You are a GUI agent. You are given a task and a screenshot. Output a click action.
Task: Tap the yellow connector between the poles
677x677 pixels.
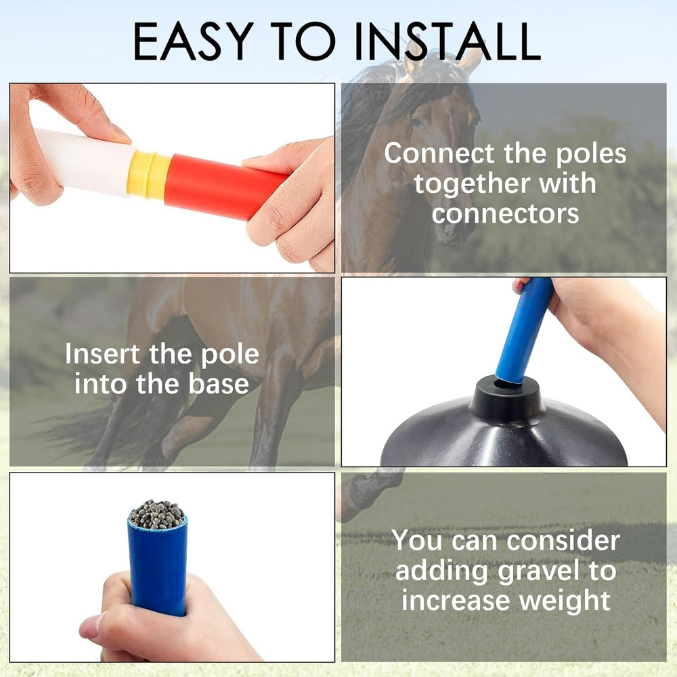point(150,174)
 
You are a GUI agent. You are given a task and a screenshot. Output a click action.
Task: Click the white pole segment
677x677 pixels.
point(85,162)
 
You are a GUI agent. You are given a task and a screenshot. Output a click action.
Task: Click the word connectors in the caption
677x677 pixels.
point(506,213)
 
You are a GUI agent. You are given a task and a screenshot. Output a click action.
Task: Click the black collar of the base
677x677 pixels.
point(506,399)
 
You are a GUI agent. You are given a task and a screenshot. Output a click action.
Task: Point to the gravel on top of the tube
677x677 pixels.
point(156,515)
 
